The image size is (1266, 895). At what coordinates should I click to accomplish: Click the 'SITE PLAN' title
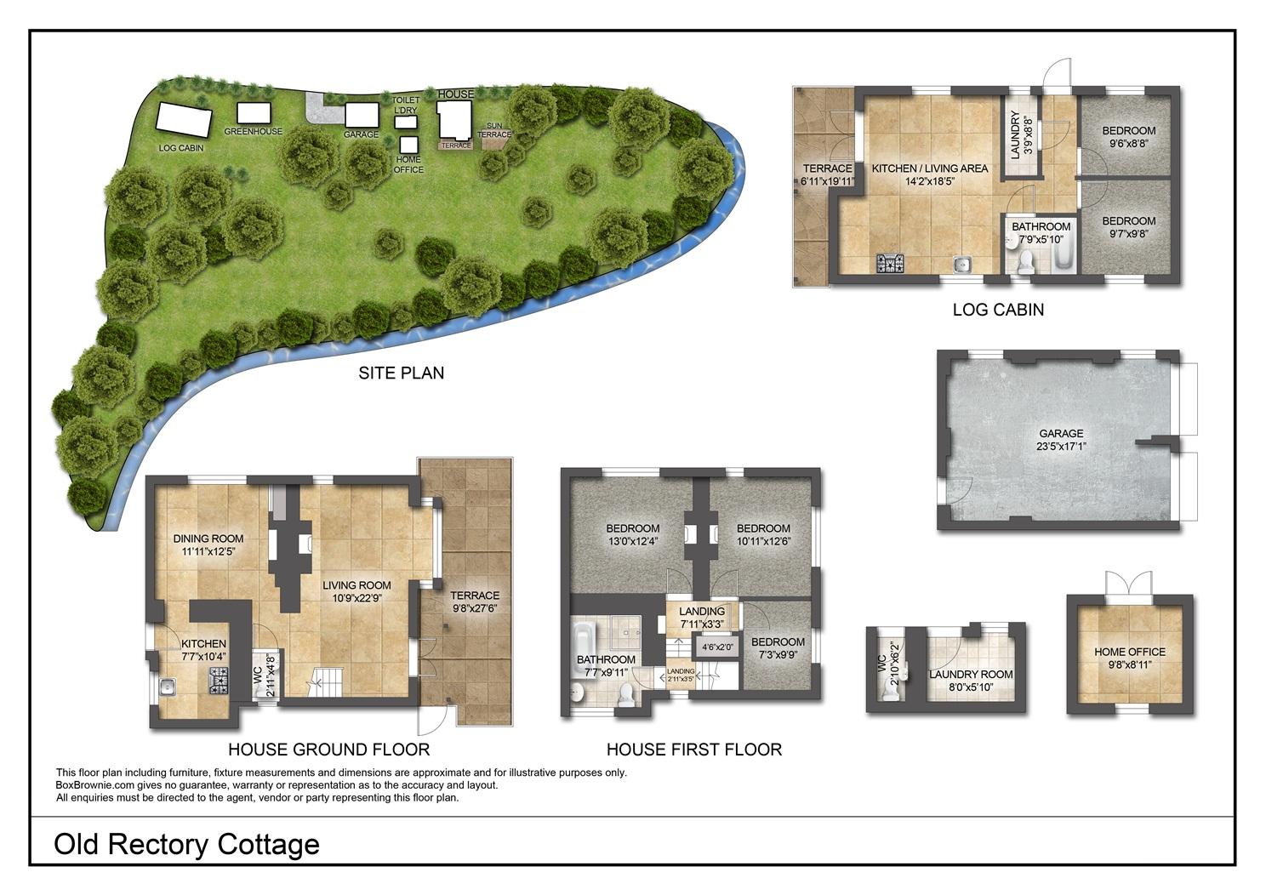point(402,373)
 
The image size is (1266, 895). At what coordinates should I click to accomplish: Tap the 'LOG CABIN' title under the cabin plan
point(998,310)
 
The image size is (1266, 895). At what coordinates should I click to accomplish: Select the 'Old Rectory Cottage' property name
point(186,845)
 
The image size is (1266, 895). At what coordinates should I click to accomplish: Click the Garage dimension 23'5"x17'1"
point(1062,447)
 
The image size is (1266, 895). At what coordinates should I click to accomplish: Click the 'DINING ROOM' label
point(208,539)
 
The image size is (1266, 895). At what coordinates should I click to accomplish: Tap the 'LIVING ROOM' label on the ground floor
point(356,585)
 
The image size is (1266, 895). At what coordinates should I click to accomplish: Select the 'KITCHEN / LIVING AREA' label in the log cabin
point(930,168)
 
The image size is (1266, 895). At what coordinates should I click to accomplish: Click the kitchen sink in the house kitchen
point(168,687)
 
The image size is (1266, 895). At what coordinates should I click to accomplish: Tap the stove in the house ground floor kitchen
point(219,681)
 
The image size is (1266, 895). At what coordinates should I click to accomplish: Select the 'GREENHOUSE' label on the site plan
point(254,132)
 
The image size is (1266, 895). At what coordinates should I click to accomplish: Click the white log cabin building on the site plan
point(185,120)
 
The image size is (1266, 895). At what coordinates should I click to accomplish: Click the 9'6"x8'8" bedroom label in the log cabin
point(1129,144)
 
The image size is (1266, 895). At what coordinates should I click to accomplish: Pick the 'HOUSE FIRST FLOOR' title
point(694,750)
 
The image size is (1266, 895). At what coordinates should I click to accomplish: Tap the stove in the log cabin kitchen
point(890,264)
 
